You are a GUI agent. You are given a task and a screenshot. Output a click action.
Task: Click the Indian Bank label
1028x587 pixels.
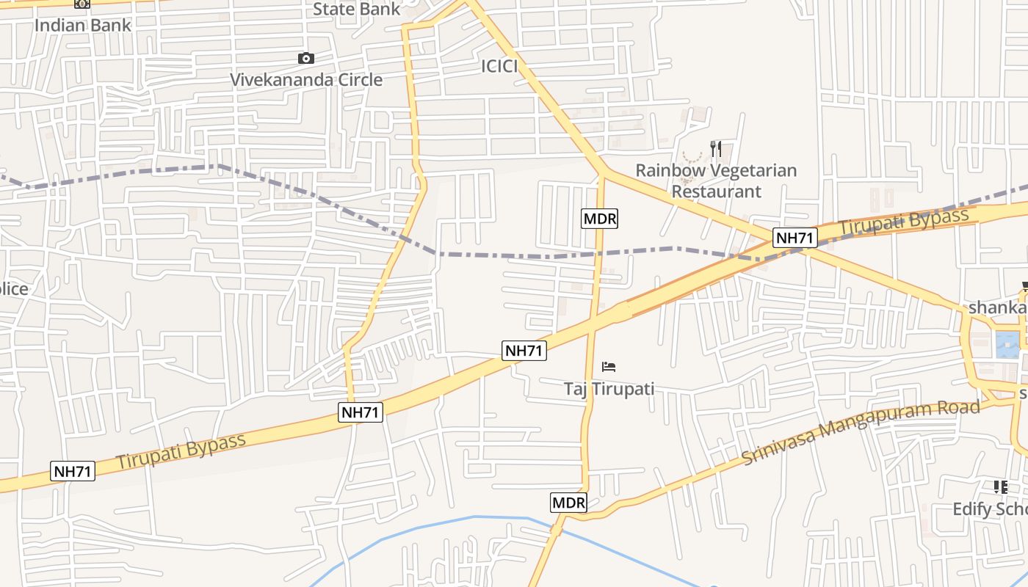[x=82, y=25]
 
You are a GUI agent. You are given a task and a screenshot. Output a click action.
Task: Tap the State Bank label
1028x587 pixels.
[x=357, y=9]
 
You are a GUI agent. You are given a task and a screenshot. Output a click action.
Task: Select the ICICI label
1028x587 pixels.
[x=499, y=66]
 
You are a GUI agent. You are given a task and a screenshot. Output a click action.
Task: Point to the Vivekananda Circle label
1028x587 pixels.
[x=306, y=79]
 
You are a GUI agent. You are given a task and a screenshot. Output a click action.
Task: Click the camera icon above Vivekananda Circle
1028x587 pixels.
[x=306, y=58]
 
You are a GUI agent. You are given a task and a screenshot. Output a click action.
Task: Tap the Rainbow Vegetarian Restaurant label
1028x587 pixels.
[x=716, y=181]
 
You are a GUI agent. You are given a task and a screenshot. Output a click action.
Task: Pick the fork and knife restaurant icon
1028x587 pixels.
[x=716, y=149]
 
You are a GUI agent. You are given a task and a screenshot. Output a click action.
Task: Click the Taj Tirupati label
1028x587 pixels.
[x=609, y=388]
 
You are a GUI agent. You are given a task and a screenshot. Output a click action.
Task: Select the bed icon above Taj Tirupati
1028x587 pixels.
[x=609, y=366]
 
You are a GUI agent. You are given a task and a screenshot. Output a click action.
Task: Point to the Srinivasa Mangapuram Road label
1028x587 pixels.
[x=861, y=432]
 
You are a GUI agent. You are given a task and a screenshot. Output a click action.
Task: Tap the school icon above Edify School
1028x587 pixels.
[x=1000, y=486]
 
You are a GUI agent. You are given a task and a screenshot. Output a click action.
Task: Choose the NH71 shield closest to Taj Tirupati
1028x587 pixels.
[x=524, y=351]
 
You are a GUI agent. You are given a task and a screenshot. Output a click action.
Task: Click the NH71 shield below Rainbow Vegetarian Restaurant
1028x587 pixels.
[x=796, y=238]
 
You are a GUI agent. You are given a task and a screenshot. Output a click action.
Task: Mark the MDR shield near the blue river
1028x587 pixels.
[x=569, y=503]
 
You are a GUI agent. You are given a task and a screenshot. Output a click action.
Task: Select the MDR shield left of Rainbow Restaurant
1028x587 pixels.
[x=600, y=218]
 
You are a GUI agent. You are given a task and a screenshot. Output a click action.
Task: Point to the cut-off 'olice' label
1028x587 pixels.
[x=14, y=288]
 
